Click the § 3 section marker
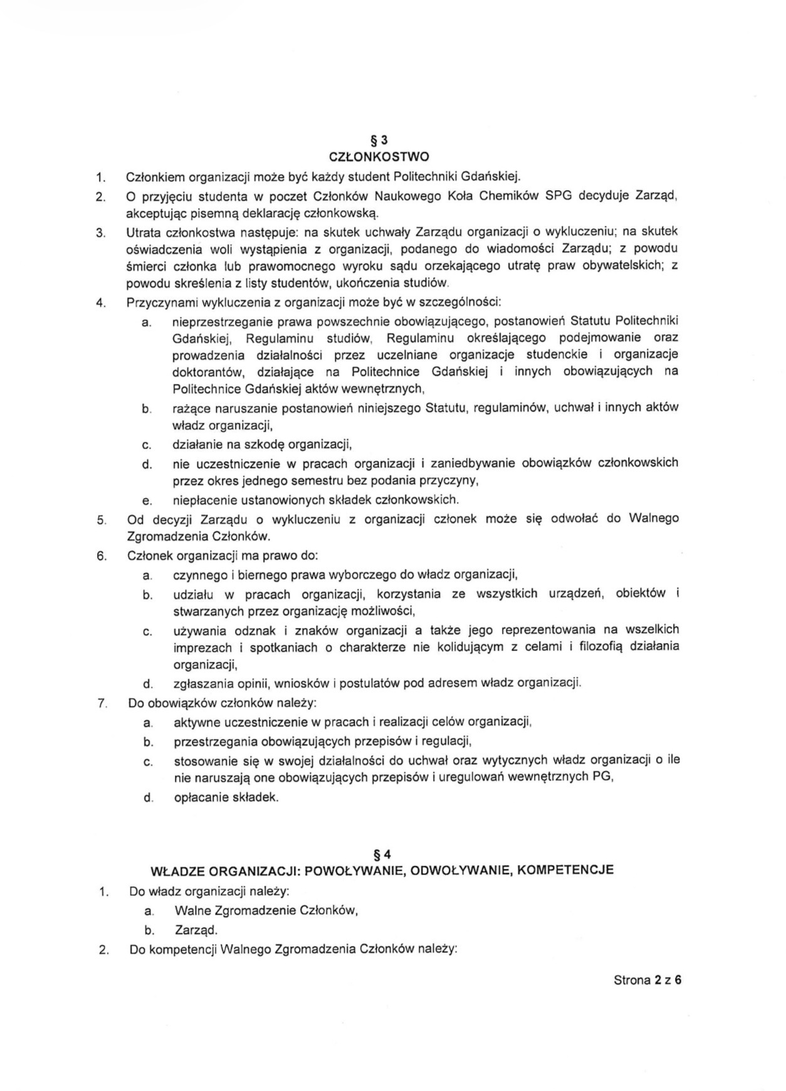(380, 141)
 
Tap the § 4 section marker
(382, 854)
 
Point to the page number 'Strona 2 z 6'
(647, 980)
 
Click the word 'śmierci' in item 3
(145, 266)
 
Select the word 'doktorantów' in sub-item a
(204, 372)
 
